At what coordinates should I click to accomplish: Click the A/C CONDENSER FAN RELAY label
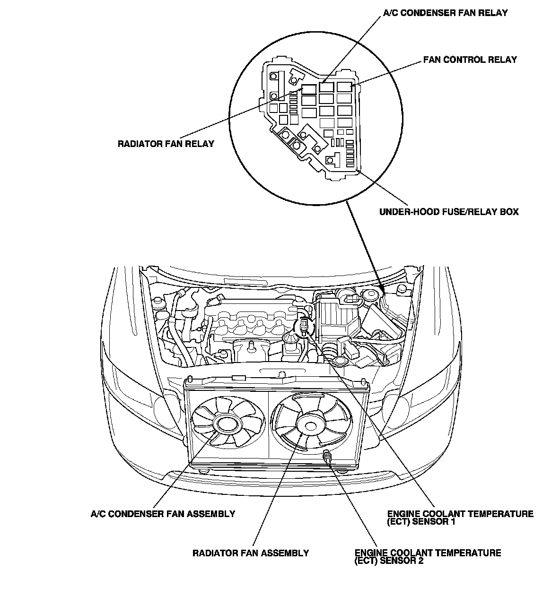445,13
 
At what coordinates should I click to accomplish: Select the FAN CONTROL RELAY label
470,60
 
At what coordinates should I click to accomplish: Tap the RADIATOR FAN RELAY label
166,144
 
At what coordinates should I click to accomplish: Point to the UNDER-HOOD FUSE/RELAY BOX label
449,212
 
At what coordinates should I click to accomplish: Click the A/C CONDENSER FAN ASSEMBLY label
163,514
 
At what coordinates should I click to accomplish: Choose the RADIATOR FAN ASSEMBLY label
251,553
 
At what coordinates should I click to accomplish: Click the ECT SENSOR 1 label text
460,518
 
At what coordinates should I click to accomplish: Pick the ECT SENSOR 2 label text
428,557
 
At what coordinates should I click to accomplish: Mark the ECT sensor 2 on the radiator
326,457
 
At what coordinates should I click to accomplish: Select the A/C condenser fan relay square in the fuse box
326,87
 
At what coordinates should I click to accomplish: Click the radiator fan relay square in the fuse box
309,88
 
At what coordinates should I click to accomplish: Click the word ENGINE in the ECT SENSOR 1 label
404,514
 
